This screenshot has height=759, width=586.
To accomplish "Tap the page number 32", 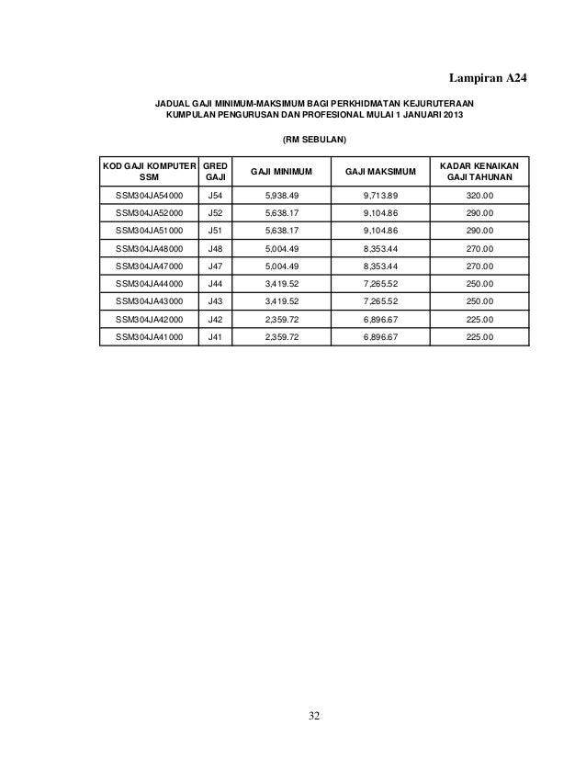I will click(315, 717).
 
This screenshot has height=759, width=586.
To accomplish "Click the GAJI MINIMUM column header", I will click(281, 171).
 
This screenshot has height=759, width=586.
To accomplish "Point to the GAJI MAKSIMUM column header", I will click(380, 171).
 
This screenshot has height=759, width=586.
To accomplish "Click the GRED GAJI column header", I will click(215, 170).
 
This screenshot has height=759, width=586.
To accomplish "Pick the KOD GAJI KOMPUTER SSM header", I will click(149, 170).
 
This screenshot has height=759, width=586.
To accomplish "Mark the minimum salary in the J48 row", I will click(281, 249).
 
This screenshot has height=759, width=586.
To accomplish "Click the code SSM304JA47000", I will click(149, 266).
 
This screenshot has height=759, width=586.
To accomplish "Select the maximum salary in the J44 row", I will click(380, 284).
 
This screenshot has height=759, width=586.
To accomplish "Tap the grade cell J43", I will click(215, 301).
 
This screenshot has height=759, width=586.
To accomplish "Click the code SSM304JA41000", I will click(149, 337).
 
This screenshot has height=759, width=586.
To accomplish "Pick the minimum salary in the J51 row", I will click(281, 232).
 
